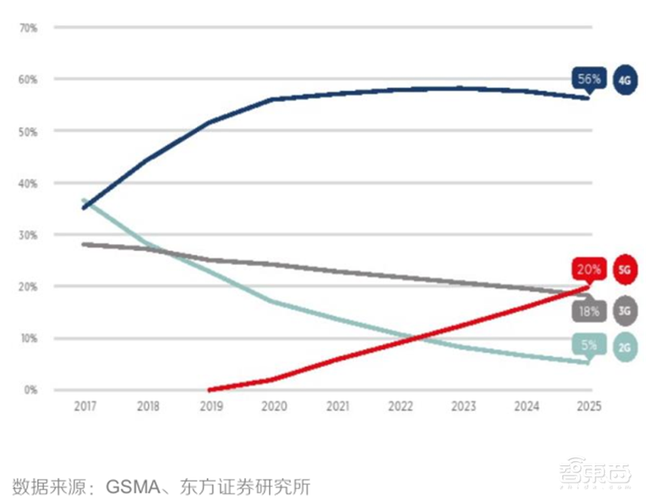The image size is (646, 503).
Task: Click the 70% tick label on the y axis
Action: tap(29, 28)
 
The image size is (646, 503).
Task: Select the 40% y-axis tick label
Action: tap(29, 183)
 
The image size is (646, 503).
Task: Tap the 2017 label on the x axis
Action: tap(85, 409)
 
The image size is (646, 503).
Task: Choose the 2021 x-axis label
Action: tap(337, 409)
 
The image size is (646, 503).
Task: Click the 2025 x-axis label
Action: tap(588, 409)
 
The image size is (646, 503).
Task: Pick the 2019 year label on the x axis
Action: tap(211, 409)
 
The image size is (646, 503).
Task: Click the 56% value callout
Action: tap(588, 79)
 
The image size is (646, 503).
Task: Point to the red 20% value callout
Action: tap(587, 269)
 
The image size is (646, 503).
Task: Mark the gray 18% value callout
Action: tap(587, 310)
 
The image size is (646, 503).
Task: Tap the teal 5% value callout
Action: tap(589, 346)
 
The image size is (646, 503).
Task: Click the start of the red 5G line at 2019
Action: tap(211, 389)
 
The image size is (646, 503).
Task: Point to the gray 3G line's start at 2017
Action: tap(85, 244)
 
